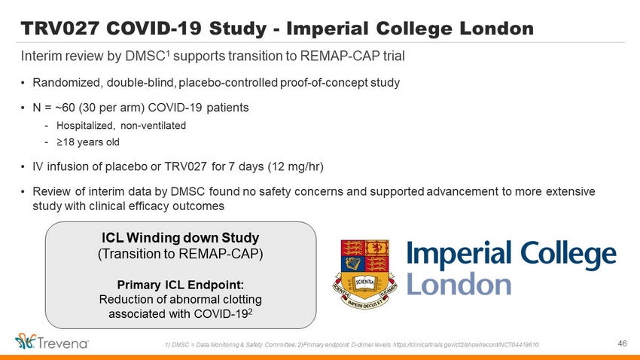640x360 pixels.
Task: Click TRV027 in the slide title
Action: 60,28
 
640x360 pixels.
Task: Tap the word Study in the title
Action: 238,29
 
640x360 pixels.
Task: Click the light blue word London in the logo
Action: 459,284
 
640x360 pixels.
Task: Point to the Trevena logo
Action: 52,342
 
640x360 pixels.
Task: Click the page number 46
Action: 622,343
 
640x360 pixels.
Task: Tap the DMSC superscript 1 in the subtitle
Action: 168,52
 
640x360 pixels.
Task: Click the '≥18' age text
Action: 67,142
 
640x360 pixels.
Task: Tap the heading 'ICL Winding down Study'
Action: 181,237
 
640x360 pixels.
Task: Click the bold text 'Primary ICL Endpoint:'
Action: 181,285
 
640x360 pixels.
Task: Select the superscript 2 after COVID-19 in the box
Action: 250,312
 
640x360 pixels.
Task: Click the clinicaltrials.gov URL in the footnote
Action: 466,345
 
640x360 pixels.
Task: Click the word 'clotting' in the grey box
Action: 242,299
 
